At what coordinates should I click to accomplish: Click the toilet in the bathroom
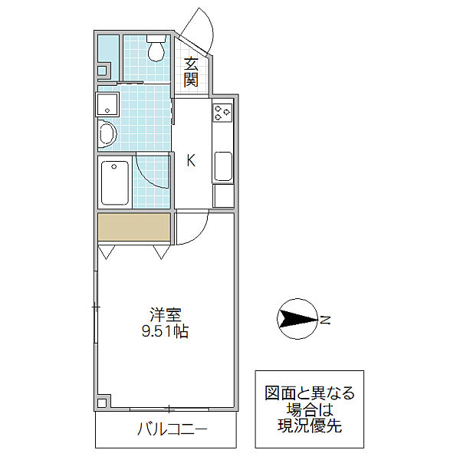pyautogui.click(x=156, y=51)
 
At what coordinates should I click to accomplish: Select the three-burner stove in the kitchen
pyautogui.click(x=223, y=113)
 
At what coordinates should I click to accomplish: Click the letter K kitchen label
pyautogui.click(x=191, y=160)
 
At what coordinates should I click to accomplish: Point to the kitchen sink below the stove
pyautogui.click(x=223, y=167)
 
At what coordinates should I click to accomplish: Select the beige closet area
pyautogui.click(x=133, y=228)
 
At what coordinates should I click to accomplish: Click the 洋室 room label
pyautogui.click(x=166, y=315)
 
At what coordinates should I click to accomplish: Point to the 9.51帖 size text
pyautogui.click(x=166, y=333)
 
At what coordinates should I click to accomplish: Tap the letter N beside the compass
pyautogui.click(x=325, y=320)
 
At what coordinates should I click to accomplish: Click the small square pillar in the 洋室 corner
pyautogui.click(x=104, y=401)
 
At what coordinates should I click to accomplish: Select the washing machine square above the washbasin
pyautogui.click(x=106, y=103)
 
